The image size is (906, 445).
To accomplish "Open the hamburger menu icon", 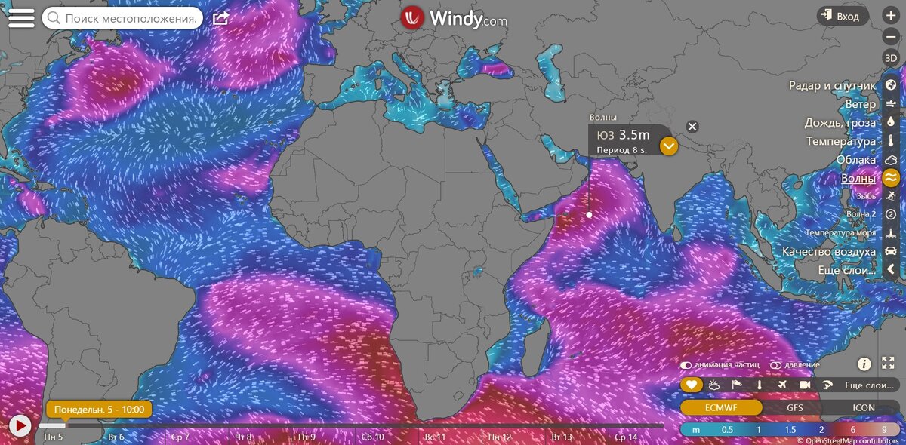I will click(20, 17).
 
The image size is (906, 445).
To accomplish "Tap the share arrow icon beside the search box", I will click(220, 17).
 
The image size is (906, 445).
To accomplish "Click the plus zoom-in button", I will click(891, 16).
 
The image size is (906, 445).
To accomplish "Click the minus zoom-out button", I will click(891, 36).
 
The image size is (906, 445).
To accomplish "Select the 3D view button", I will click(891, 58).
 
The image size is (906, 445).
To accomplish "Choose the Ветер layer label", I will click(861, 104).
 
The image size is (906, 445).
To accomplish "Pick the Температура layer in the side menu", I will click(840, 141).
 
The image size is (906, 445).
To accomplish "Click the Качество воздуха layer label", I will click(829, 251).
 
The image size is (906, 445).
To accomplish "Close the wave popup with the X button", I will click(692, 127).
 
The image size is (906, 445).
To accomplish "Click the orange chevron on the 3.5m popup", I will click(668, 146).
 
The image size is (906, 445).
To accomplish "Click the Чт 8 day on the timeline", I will click(244, 437).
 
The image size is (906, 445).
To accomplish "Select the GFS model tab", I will click(795, 407).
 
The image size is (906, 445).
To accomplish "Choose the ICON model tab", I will click(864, 407).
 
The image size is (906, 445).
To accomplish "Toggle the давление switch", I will click(776, 365).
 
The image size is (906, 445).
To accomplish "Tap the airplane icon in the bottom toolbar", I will click(781, 385).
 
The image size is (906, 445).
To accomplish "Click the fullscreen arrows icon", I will click(888, 364).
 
